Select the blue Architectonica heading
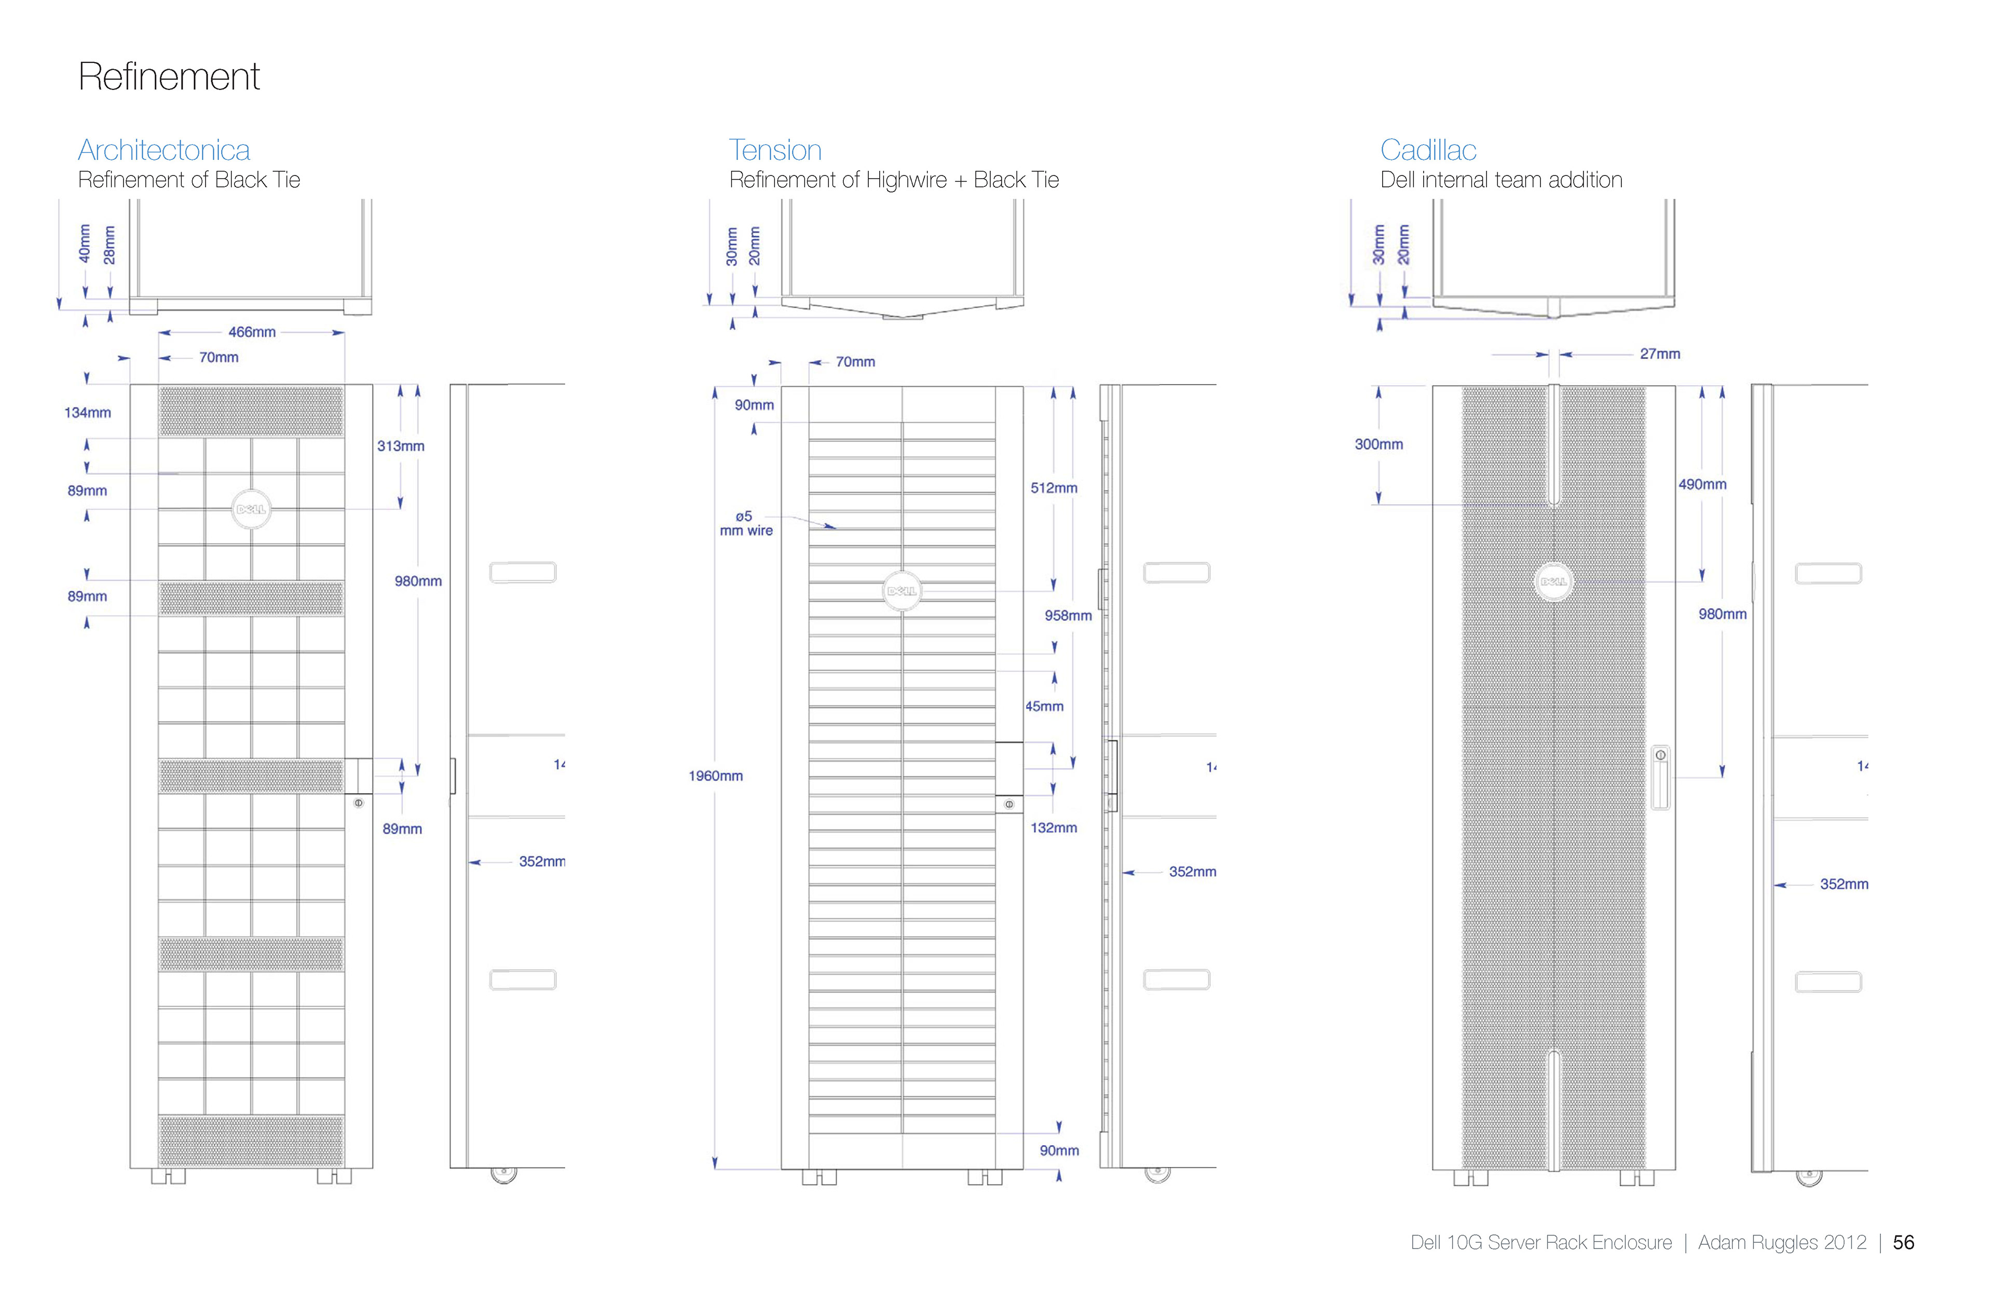[164, 150]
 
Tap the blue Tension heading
[774, 150]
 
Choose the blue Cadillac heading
[1428, 150]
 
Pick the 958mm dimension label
[1068, 616]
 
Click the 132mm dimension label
[1054, 827]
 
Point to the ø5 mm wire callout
[745, 524]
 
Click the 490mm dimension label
[1702, 484]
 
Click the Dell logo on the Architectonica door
[251, 509]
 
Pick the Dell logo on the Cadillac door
[1553, 581]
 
